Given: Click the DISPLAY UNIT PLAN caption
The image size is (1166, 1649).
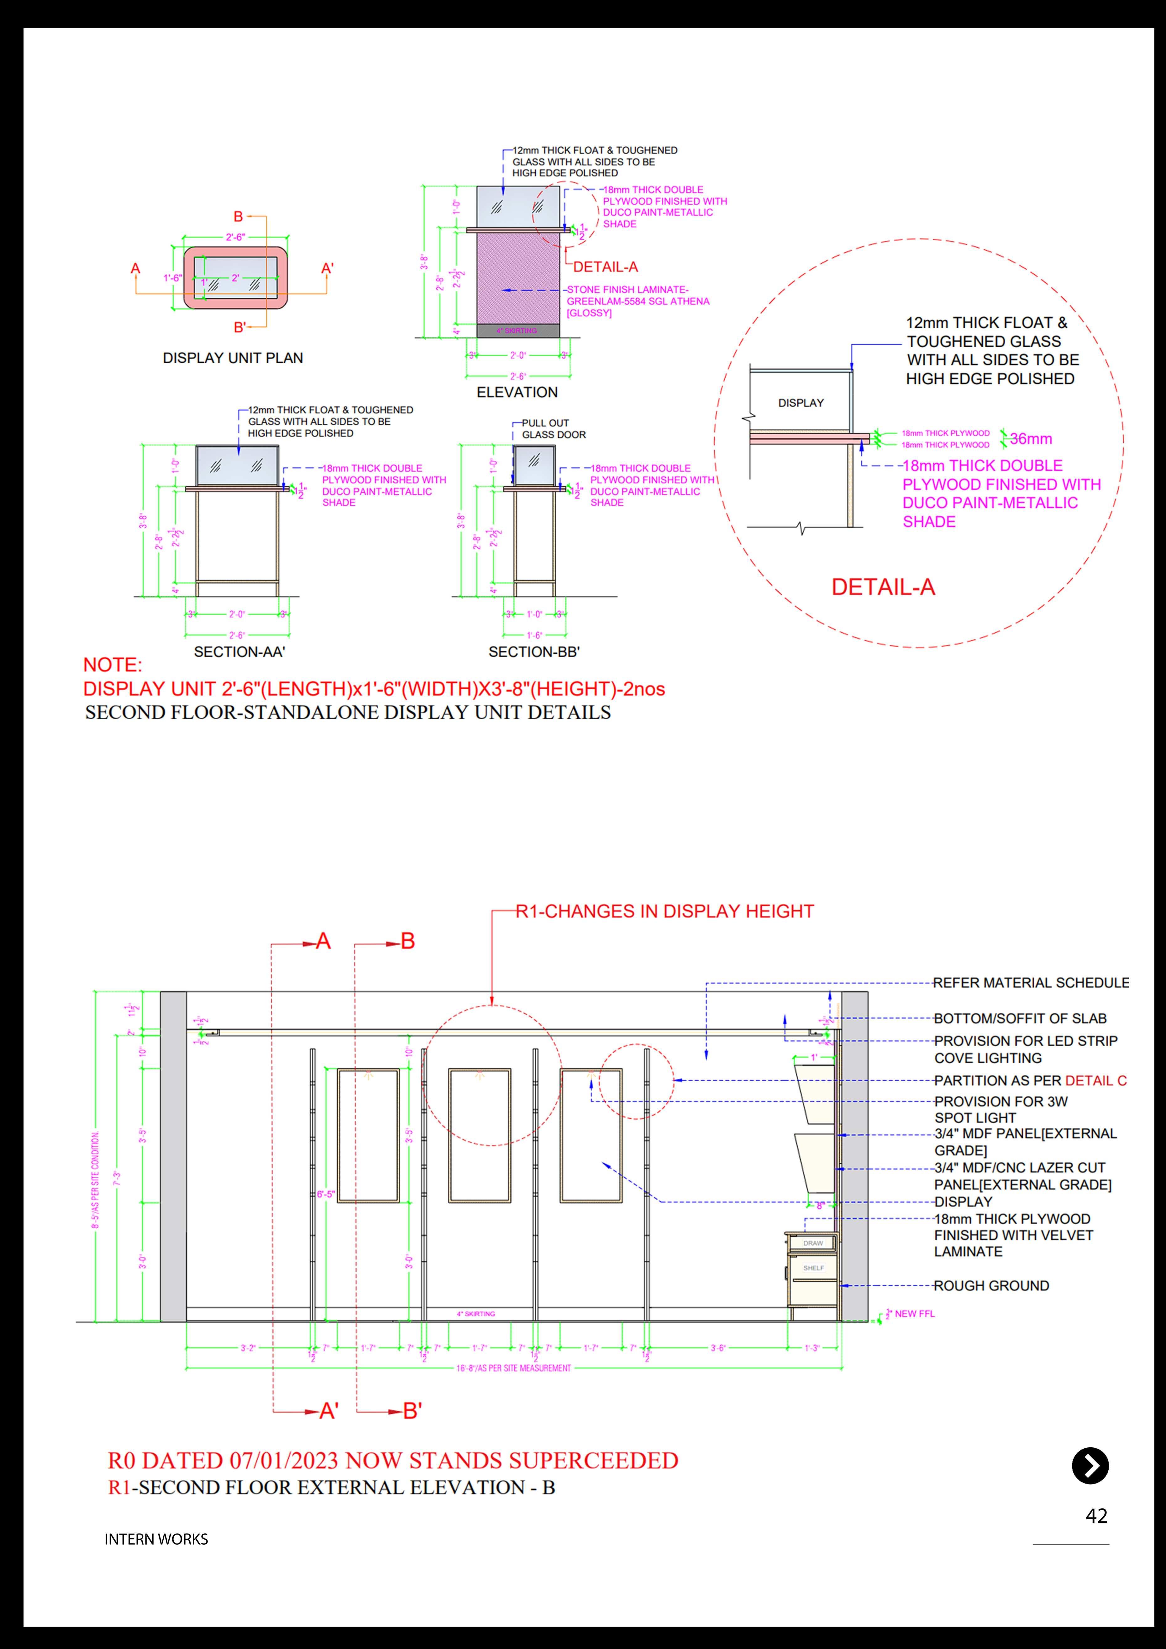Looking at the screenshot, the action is pos(233,358).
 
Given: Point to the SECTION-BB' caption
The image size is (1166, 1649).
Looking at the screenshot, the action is pos(534,652).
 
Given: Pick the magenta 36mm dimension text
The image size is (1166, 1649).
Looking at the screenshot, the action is pos(1031,438).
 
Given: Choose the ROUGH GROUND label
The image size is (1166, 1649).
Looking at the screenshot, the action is pos(991,1286).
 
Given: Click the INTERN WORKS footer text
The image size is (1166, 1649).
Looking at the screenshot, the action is pos(156,1539).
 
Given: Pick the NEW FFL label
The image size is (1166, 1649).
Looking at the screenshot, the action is pos(915,1314).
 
